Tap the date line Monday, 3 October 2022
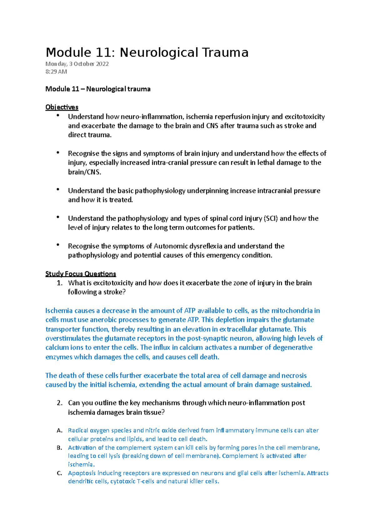click(77, 64)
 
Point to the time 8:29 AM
click(56, 72)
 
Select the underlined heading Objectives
click(62, 107)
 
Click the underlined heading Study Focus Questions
click(81, 274)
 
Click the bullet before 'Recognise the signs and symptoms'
click(58, 153)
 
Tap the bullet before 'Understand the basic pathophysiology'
click(58, 190)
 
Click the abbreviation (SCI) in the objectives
click(271, 218)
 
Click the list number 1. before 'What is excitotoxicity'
click(60, 283)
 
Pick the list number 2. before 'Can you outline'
click(60, 403)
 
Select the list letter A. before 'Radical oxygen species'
click(60, 431)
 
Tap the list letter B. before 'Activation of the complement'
click(60, 448)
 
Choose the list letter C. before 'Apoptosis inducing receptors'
click(60, 473)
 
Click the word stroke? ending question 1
click(114, 292)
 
